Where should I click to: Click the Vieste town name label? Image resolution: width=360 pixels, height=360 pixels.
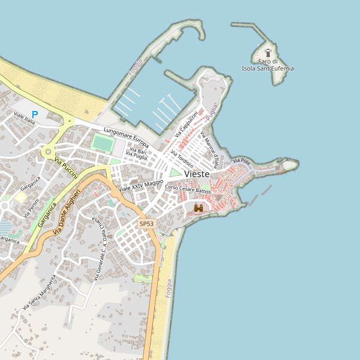tap(197, 174)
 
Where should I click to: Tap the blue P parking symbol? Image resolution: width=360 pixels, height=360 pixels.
tap(35, 115)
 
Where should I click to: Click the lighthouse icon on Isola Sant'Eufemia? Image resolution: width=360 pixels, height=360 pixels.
tap(268, 52)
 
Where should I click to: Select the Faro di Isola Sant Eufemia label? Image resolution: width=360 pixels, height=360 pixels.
tap(268, 65)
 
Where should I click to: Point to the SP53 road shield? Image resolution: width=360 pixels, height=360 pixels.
tap(146, 224)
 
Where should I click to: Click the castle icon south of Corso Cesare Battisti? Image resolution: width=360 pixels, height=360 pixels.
tap(199, 208)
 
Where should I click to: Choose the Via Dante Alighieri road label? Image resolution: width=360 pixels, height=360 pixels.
tap(66, 211)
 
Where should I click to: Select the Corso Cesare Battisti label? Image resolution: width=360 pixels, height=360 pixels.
tap(188, 190)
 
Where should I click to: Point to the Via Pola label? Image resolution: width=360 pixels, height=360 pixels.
tap(241, 161)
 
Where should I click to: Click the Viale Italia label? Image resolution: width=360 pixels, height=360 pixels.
tap(25, 118)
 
